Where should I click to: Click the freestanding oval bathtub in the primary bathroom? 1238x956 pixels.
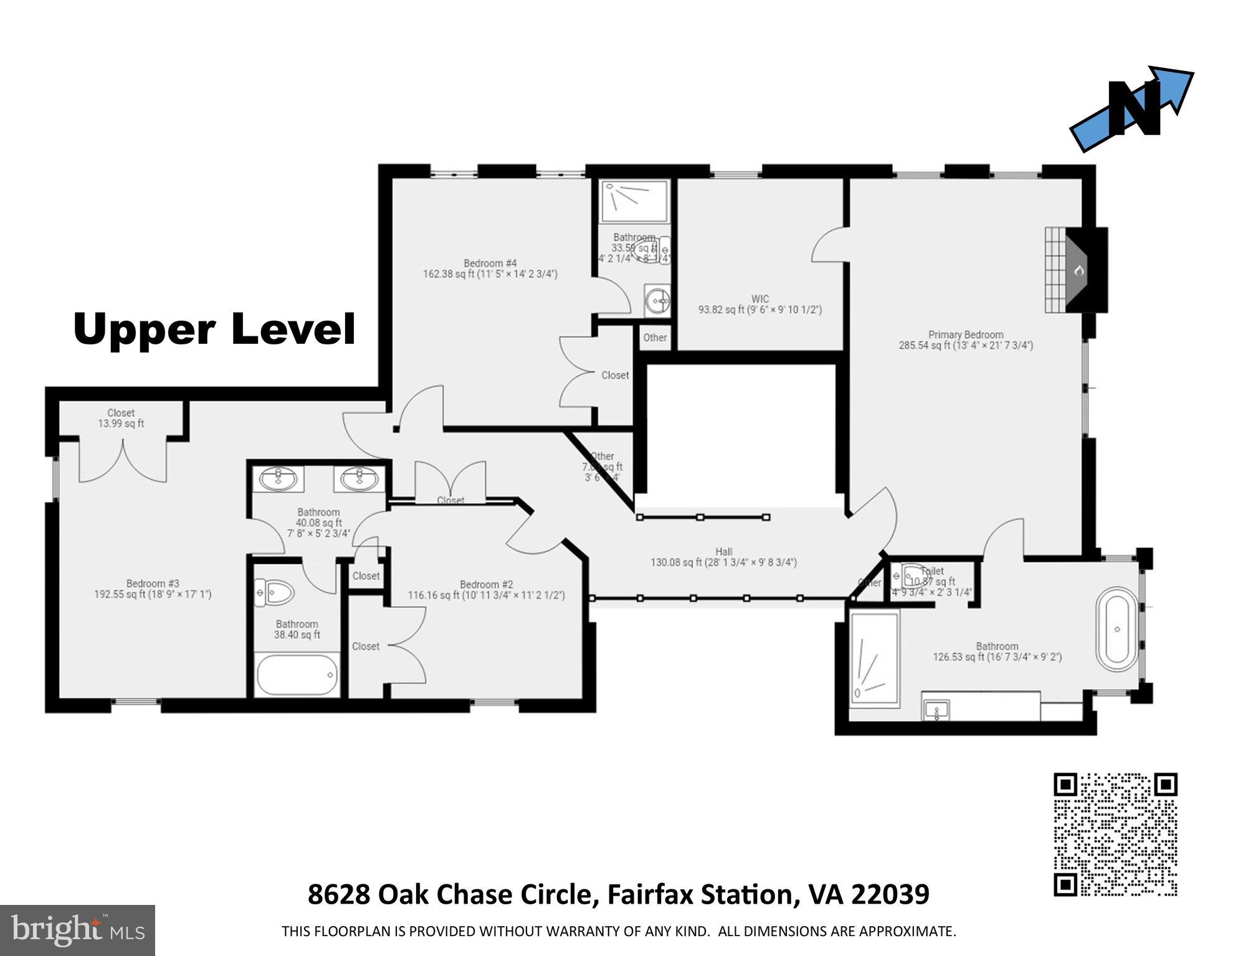[x=1117, y=629]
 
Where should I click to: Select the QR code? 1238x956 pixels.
[x=1115, y=834]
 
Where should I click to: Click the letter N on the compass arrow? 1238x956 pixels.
[x=1135, y=110]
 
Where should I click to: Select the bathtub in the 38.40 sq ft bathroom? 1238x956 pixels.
[x=297, y=674]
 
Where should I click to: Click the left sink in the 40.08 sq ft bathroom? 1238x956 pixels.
[x=279, y=479]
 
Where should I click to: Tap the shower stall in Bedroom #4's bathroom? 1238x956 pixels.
[x=634, y=201]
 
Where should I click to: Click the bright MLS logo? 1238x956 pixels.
[x=77, y=930]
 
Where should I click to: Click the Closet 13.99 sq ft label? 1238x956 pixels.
[x=121, y=418]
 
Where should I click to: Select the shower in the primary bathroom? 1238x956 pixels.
[x=874, y=659]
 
